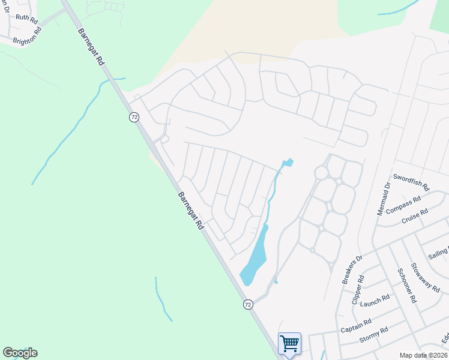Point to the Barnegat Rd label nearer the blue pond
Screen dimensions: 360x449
pos(191,211)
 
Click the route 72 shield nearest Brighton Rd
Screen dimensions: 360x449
pos(134,117)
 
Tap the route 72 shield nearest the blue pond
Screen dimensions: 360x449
pos(248,305)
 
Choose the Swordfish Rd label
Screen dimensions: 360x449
pos(411,182)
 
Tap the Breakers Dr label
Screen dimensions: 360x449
pos(352,269)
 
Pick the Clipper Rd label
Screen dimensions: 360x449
pos(358,290)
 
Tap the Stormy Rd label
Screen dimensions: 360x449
pos(373,334)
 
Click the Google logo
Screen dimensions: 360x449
pos(20,353)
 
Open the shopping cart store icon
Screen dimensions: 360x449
pos(289,344)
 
